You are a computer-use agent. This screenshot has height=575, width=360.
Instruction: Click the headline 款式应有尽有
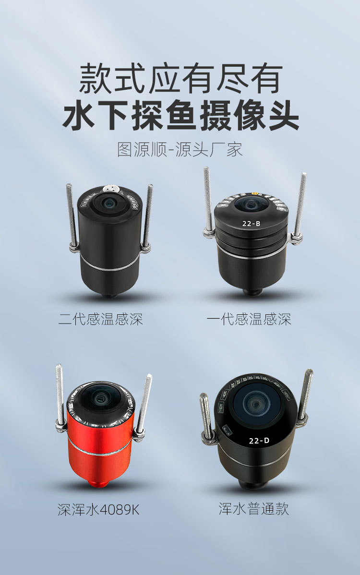[180, 79]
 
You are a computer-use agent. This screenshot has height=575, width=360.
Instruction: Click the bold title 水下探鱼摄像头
[180, 115]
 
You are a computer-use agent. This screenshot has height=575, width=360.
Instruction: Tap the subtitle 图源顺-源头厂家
[180, 149]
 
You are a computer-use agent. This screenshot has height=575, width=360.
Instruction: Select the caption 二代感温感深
[101, 319]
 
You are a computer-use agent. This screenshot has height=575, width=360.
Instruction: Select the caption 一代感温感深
[249, 319]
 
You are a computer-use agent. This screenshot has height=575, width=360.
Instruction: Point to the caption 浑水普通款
[254, 509]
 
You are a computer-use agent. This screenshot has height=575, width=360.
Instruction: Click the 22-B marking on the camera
[252, 223]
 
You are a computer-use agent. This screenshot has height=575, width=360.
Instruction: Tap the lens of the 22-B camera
[251, 204]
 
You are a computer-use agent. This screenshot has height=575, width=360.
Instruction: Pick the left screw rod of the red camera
[60, 394]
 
